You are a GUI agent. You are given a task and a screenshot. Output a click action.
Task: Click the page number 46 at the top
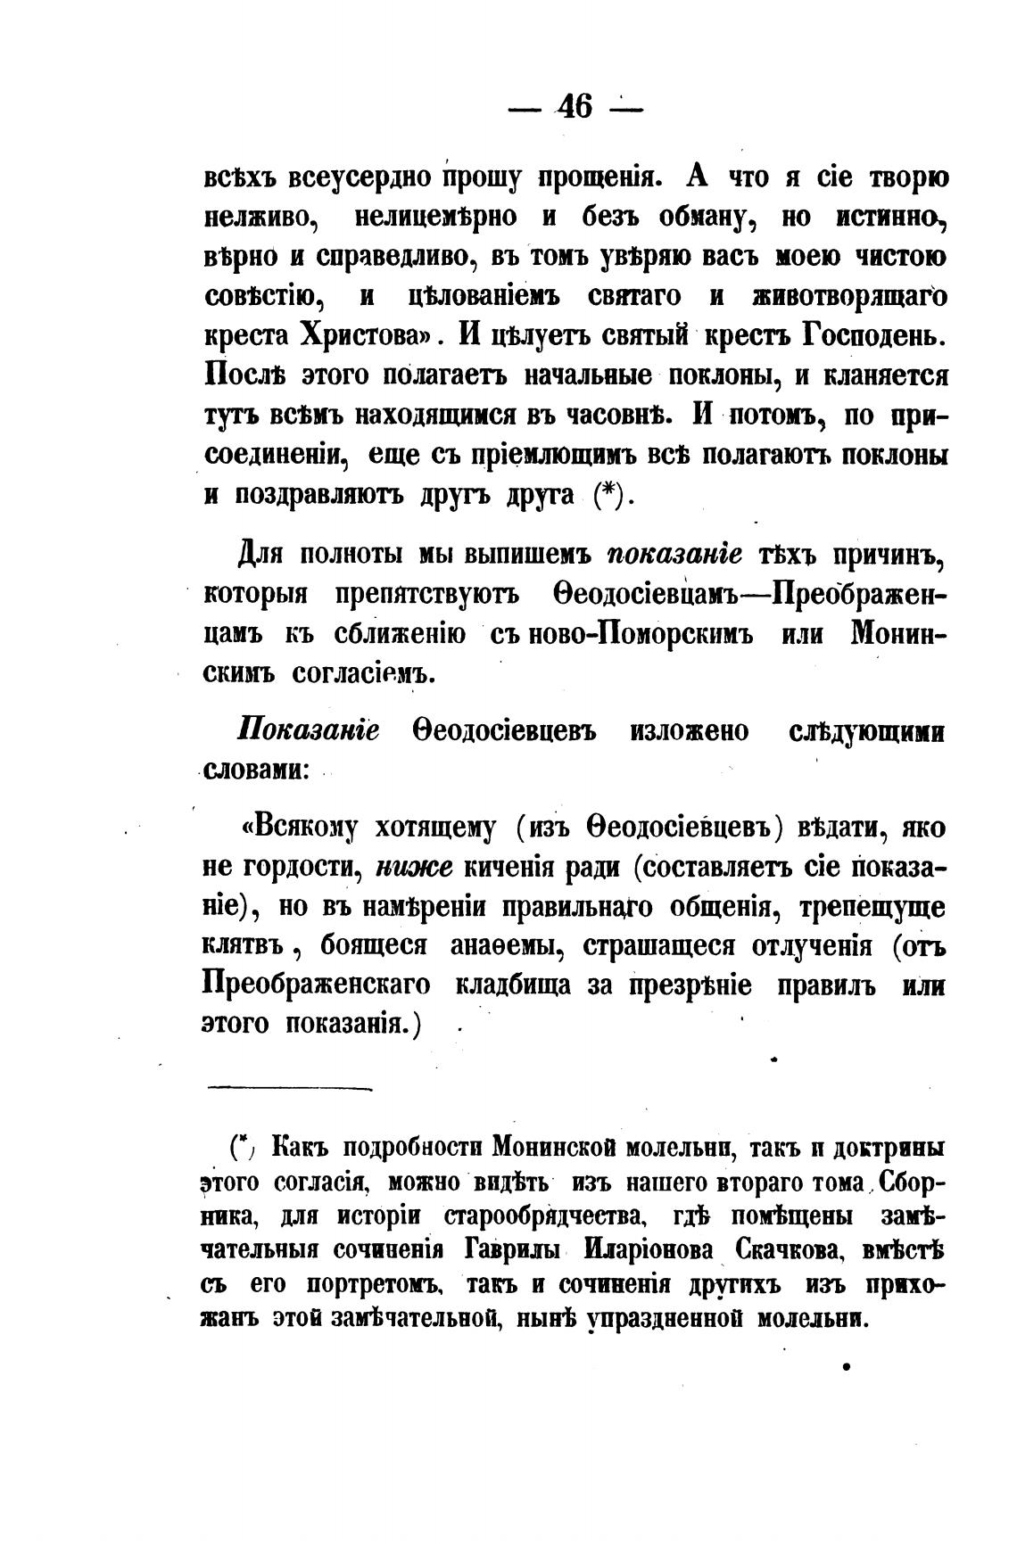pos(575,108)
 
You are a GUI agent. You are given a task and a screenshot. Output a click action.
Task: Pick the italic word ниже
pos(415,866)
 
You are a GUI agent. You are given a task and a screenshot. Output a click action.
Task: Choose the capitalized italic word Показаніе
pos(309,731)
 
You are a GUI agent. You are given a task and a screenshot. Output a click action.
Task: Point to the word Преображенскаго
pos(316,985)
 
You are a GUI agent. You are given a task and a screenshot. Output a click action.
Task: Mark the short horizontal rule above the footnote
pos(289,1088)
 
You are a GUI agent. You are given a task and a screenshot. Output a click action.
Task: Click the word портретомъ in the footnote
pos(375,1286)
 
